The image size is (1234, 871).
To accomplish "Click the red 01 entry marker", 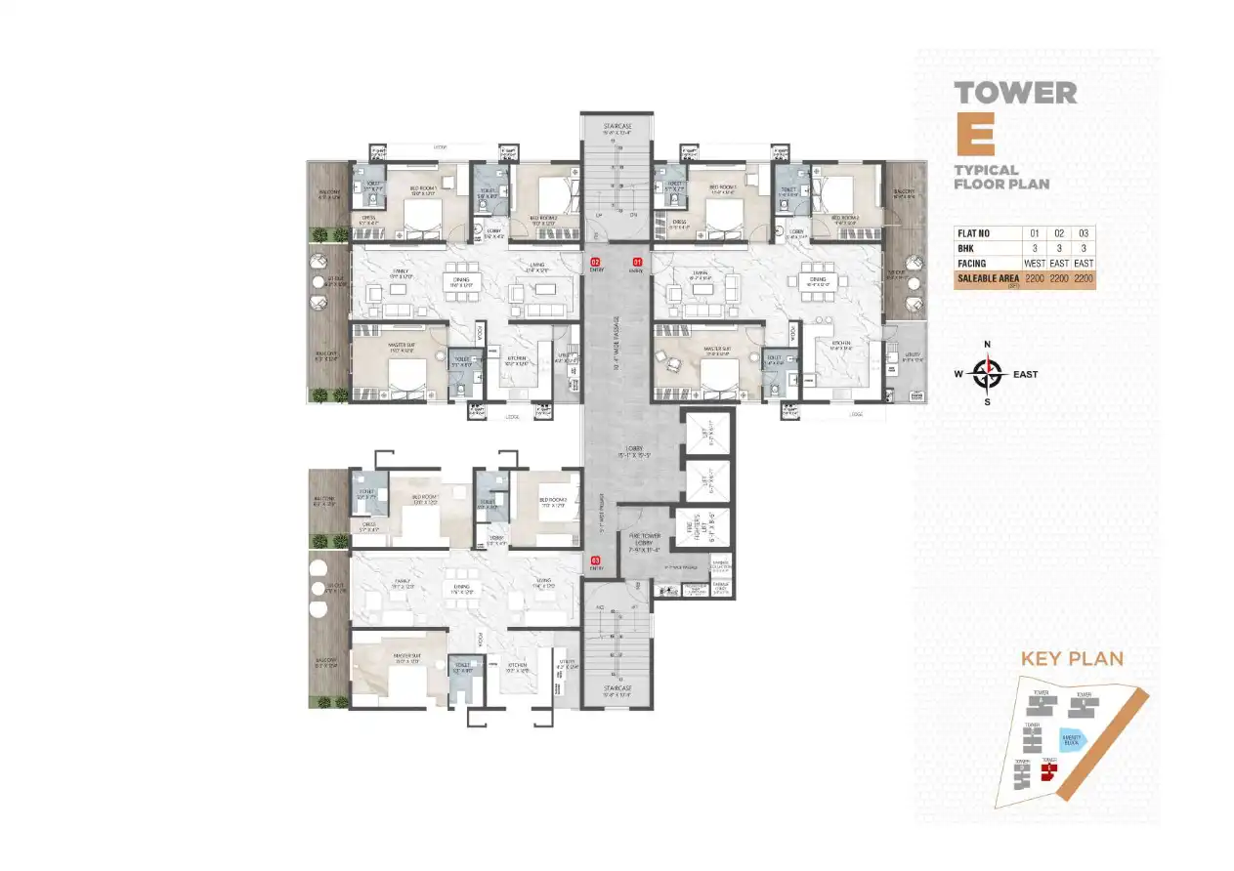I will pos(637,262).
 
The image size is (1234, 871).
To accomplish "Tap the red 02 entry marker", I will pos(593,262).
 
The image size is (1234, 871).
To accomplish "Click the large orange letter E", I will pos(974,136).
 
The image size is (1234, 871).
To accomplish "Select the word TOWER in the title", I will pos(1015,93).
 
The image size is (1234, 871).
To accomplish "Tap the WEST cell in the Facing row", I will pos(1031,264).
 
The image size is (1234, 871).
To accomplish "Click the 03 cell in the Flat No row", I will pos(1084,233).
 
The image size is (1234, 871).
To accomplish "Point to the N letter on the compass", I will pos(988,344).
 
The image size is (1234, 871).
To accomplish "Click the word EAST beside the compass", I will pos(1025,374).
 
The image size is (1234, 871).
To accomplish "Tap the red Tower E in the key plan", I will pos(1048,772).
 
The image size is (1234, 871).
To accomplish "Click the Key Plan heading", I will pos(1072,658).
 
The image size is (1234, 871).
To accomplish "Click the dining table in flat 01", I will pos(818,280).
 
